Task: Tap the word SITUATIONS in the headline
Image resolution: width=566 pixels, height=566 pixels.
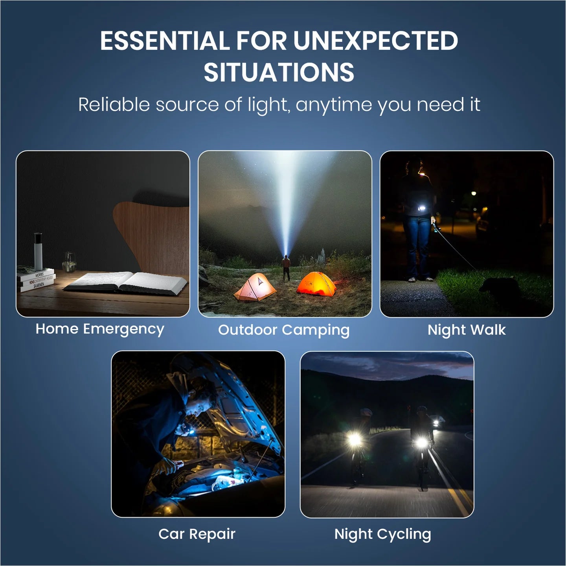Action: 279,72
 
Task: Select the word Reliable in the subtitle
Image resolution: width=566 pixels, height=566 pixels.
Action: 114,105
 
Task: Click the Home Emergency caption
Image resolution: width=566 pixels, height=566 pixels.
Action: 100,329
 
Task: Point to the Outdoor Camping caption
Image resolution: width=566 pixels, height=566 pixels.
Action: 284,331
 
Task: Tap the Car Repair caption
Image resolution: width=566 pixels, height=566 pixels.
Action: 197,534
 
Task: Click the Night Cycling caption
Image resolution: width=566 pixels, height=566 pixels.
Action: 383,534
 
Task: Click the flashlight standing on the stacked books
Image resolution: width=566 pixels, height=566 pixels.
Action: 38,251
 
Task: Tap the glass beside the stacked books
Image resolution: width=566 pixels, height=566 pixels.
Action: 69,262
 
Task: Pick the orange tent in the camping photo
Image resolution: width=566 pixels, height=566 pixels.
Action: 316,284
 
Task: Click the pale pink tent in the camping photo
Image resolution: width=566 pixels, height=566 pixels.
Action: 255,287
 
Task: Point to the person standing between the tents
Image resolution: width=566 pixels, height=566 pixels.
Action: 286,268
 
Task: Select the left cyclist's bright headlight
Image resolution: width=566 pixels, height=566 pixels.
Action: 355,440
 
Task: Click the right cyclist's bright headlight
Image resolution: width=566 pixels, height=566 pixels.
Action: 422,442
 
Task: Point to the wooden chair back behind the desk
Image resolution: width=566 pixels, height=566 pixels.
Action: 152,235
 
